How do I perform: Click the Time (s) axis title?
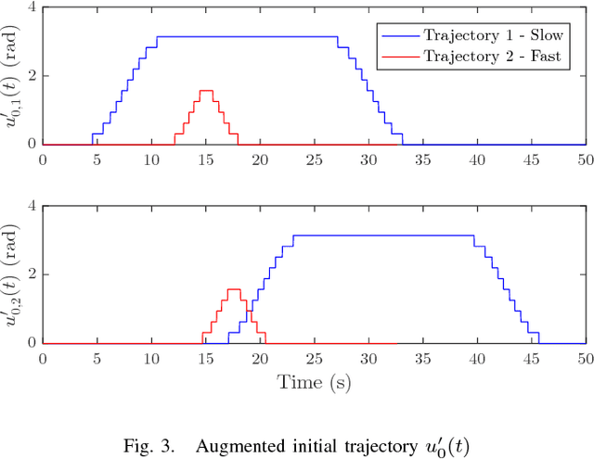click(x=313, y=380)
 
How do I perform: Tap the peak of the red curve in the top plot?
click(x=205, y=91)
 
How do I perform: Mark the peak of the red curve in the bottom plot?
click(x=233, y=289)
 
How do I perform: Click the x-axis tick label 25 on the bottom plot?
click(x=313, y=358)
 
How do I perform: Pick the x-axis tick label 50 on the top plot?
click(x=584, y=159)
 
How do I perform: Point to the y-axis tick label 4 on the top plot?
click(x=32, y=7)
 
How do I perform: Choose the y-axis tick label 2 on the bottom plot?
click(x=32, y=274)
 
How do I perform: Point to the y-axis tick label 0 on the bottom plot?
click(x=32, y=343)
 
